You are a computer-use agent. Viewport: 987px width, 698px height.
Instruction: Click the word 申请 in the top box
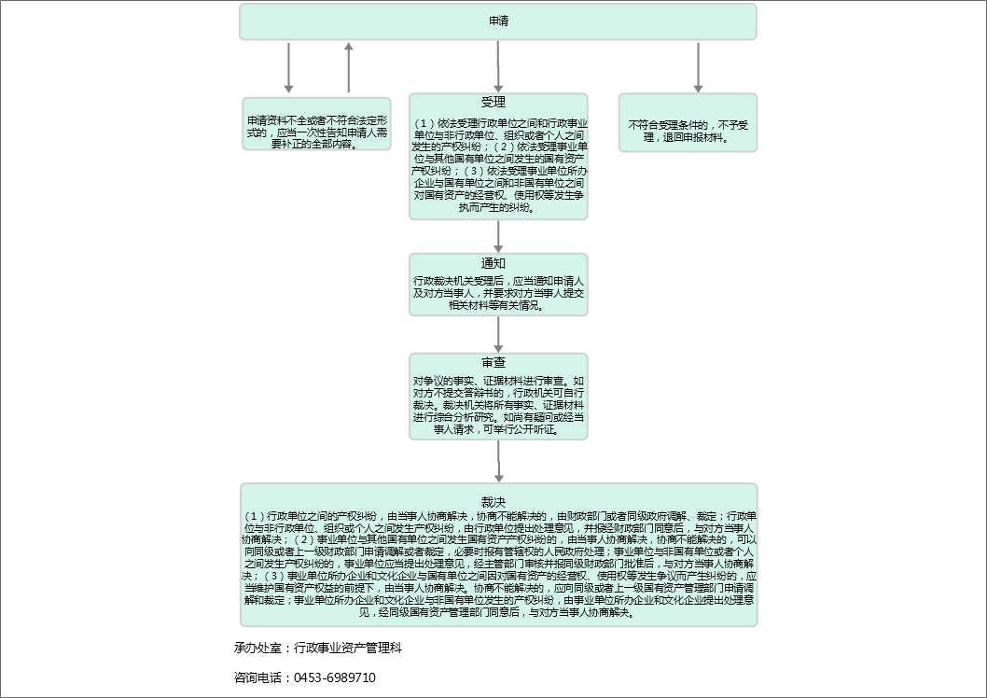pyautogui.click(x=498, y=21)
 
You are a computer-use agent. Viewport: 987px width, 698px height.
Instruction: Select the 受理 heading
pyautogui.click(x=493, y=102)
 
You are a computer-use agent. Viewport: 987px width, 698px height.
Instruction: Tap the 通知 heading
pyautogui.click(x=493, y=263)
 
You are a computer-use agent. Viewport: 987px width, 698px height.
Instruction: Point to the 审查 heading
pyautogui.click(x=493, y=362)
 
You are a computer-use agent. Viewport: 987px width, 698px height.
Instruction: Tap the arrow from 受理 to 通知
pyautogui.click(x=499, y=236)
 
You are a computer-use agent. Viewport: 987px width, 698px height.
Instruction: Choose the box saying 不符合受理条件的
pyautogui.click(x=688, y=131)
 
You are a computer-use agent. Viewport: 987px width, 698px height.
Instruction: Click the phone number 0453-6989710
pyautogui.click(x=335, y=677)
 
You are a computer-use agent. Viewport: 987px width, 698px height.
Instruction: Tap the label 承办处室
pyautogui.click(x=259, y=647)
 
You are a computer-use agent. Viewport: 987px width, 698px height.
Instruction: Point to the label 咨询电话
pyautogui.click(x=259, y=677)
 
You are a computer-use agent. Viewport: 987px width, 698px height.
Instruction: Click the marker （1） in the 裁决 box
pyautogui.click(x=255, y=516)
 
